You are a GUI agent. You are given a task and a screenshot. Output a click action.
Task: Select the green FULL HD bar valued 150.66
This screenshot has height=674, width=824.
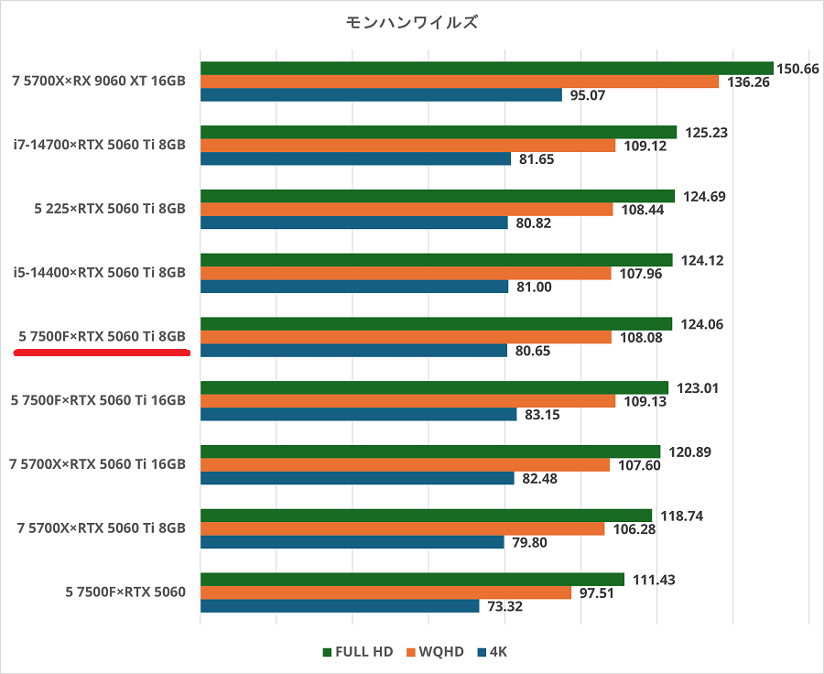point(486,68)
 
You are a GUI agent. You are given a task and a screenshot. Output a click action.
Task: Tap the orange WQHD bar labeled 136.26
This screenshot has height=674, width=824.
point(459,82)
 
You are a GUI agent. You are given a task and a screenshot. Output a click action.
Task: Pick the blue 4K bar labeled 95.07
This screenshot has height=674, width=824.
point(381,95)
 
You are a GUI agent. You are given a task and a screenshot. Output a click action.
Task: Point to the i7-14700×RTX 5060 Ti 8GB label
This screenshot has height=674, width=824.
point(100,145)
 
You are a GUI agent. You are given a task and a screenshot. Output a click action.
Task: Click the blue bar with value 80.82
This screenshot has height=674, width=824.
point(353,223)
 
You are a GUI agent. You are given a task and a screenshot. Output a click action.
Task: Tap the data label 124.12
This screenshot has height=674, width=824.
point(702,260)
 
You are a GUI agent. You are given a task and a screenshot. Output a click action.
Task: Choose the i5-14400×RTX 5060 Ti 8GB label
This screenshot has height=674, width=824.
point(100,273)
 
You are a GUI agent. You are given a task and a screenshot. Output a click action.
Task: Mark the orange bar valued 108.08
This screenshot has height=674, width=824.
point(406,337)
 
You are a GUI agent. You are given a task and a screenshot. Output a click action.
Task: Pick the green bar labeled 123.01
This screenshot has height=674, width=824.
point(434,387)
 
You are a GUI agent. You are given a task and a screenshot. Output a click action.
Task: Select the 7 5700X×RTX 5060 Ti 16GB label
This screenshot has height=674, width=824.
point(97,464)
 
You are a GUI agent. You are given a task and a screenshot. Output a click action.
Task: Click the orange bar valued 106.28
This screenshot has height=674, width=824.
point(402,528)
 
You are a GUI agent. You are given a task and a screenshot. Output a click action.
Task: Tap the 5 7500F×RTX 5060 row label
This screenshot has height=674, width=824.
point(125,592)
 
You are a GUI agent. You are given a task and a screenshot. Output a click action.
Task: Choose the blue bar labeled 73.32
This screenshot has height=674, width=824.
point(340,606)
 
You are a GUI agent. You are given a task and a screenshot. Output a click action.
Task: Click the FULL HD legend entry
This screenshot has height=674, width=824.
point(358,652)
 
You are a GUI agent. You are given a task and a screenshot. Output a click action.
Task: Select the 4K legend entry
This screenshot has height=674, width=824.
point(492,652)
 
